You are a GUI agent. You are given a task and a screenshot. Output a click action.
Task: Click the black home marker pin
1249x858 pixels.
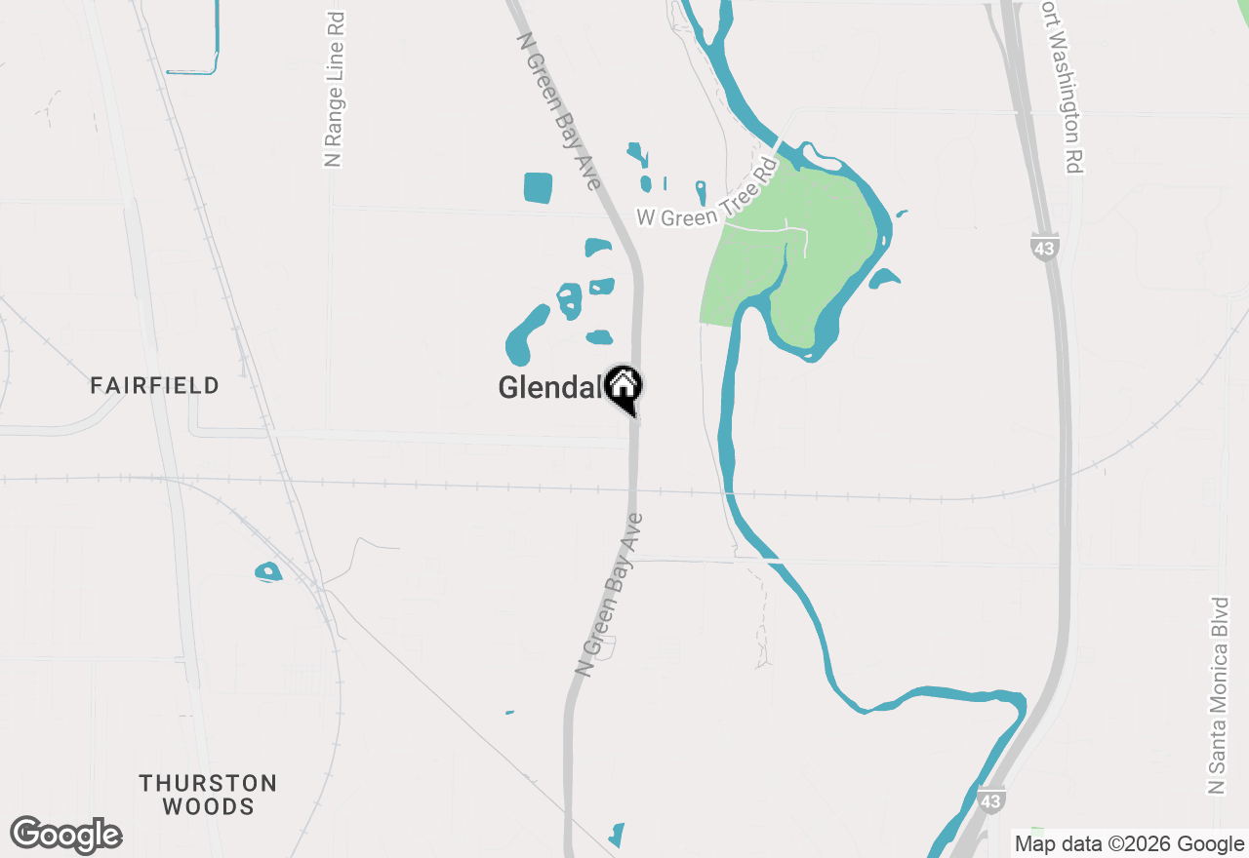623,387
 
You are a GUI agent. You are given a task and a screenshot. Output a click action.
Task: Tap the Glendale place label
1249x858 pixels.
548,388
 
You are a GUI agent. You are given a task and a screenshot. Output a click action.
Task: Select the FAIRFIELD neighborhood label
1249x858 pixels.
154,386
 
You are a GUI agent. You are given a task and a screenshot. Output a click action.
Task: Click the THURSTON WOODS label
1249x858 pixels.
208,795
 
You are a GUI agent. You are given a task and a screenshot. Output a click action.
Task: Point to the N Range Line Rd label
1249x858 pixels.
334,90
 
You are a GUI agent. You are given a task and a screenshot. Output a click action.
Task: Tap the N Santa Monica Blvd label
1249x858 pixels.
1217,695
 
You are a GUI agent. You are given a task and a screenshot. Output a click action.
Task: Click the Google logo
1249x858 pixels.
65,836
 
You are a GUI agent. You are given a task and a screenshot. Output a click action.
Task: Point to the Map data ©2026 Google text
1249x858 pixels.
1129,844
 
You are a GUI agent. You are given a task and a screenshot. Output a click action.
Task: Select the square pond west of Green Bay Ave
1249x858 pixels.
538,187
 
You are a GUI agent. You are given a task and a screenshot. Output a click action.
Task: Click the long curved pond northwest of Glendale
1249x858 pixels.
526,334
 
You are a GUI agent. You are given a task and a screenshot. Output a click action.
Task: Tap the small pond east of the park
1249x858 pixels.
884,279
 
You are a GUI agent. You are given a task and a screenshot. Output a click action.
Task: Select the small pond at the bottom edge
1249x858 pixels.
616,836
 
